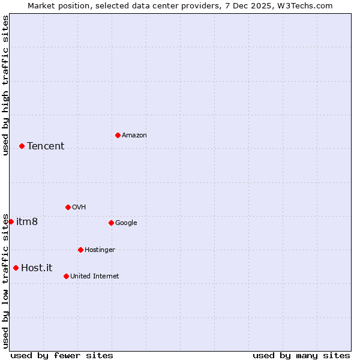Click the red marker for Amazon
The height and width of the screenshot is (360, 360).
[x=118, y=135]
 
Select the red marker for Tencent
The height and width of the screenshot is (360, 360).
[x=22, y=146]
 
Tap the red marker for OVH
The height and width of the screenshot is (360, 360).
[x=68, y=207]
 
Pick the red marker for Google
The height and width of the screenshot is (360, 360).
[x=111, y=223]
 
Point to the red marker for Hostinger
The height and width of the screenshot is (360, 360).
[x=80, y=250]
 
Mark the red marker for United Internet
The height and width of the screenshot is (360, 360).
[x=66, y=276]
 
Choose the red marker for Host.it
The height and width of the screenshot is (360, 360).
[x=16, y=268]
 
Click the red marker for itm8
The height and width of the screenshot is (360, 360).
[x=11, y=221]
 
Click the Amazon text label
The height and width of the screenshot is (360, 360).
[x=134, y=136]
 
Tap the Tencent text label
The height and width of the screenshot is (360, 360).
[x=46, y=146]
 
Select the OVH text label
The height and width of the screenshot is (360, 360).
[x=79, y=208]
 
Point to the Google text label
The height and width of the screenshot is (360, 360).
[x=126, y=223]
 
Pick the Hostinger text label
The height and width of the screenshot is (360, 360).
[x=100, y=250]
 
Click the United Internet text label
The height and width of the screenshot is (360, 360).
[x=95, y=277]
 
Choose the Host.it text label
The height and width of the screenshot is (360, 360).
[x=37, y=268]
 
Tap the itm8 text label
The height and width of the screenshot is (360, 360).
[x=27, y=222]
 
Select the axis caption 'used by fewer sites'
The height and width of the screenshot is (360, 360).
[x=62, y=355]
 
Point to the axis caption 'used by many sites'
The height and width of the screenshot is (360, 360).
[x=301, y=355]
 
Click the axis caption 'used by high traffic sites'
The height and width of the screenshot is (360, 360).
[x=5, y=86]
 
